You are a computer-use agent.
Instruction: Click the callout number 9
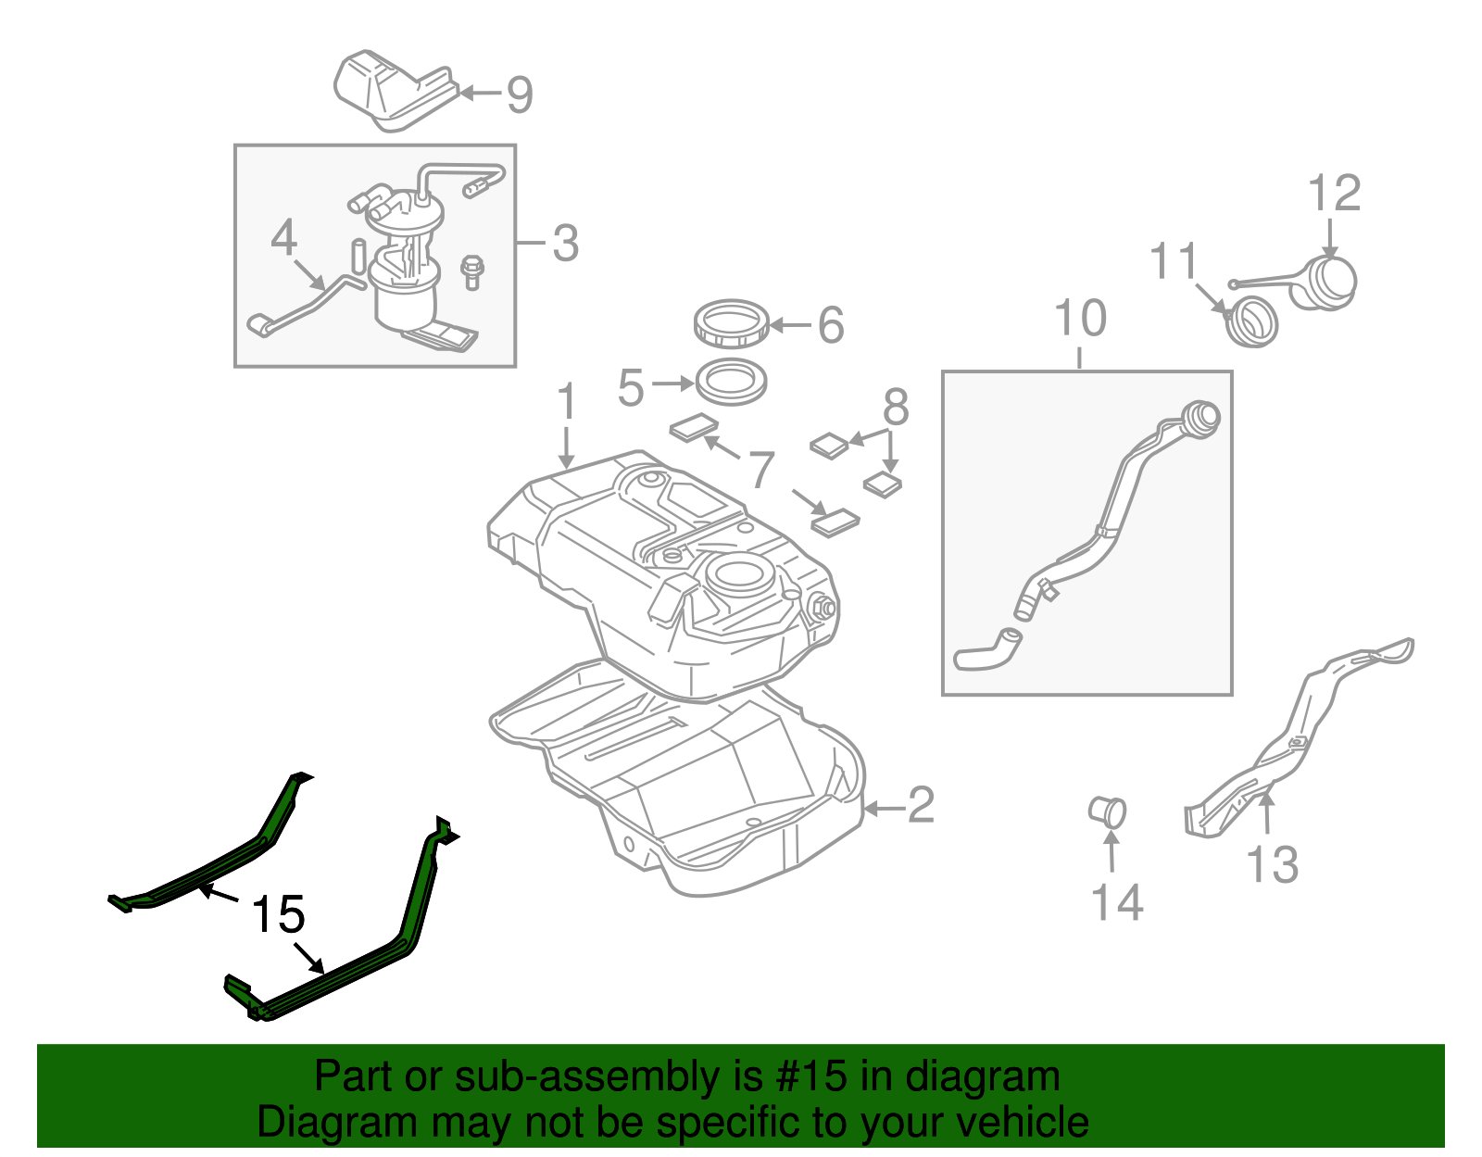tap(520, 94)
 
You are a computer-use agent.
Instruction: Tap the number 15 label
tap(278, 915)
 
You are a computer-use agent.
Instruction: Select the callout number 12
tap(1334, 194)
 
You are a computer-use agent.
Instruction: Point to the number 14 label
tap(1117, 902)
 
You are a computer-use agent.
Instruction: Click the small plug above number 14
tap(1108, 812)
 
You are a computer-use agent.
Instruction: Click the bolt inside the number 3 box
tap(472, 271)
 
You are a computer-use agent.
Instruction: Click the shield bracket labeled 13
tap(1297, 741)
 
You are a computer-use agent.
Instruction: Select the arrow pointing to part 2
tap(882, 809)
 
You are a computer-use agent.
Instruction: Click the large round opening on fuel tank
tap(739, 574)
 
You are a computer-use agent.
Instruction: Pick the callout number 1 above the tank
tap(566, 403)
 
